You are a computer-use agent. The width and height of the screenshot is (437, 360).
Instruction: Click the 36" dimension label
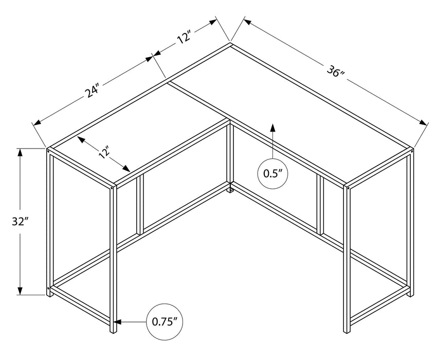[335, 73]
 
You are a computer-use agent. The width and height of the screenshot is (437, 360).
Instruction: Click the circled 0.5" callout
[272, 173]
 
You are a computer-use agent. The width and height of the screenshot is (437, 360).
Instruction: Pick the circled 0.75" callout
[165, 322]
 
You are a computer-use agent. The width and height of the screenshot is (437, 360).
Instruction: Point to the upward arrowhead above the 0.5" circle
[272, 128]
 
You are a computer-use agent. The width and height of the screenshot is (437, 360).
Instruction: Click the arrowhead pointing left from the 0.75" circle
[118, 322]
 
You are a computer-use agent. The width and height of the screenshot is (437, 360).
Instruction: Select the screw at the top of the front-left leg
[113, 188]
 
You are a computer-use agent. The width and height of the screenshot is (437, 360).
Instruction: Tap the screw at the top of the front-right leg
[349, 188]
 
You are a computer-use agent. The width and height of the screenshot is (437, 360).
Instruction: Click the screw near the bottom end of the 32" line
[49, 289]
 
